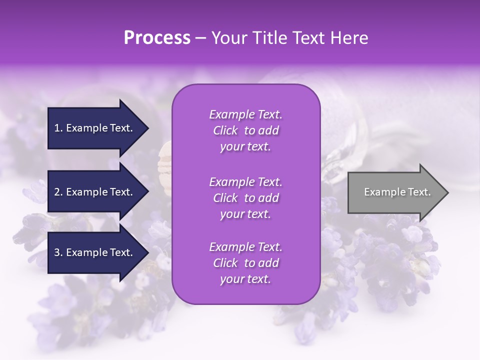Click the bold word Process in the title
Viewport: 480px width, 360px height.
[157, 37]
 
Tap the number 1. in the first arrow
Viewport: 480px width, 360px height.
[58, 128]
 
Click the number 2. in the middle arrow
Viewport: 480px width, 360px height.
[58, 192]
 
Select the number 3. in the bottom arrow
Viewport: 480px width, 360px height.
[58, 252]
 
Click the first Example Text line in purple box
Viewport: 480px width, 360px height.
[245, 114]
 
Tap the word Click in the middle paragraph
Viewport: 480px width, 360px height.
[225, 198]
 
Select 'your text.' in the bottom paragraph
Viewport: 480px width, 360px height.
[245, 279]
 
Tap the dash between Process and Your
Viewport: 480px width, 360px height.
[201, 38]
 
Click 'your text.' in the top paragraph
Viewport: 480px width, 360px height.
[245, 147]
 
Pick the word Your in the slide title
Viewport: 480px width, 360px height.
[227, 37]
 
